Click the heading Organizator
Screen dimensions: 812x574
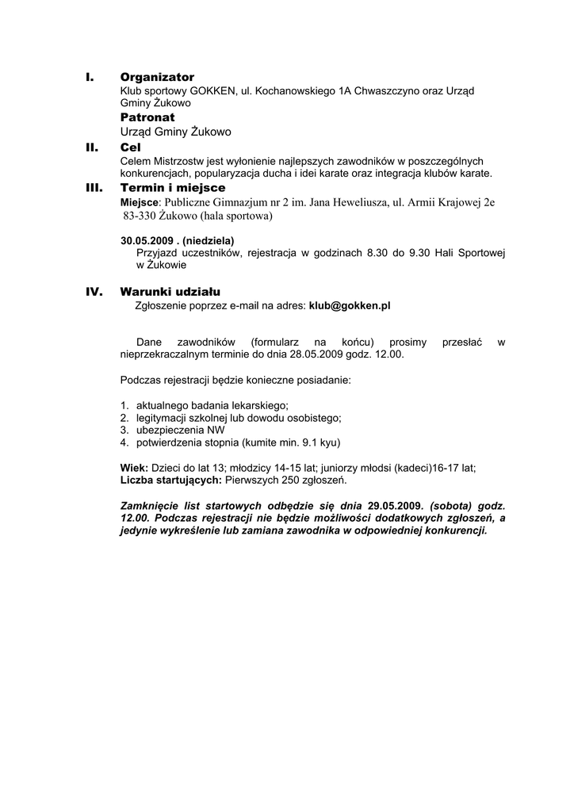click(x=157, y=77)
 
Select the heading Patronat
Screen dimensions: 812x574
click(x=147, y=117)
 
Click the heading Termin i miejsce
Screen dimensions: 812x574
click(x=173, y=188)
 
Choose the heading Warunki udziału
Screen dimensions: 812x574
click(x=170, y=292)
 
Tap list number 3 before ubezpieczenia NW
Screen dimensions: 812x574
click(x=124, y=430)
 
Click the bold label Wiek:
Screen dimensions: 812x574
click(x=134, y=468)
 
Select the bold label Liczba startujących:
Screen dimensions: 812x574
click(x=171, y=480)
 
